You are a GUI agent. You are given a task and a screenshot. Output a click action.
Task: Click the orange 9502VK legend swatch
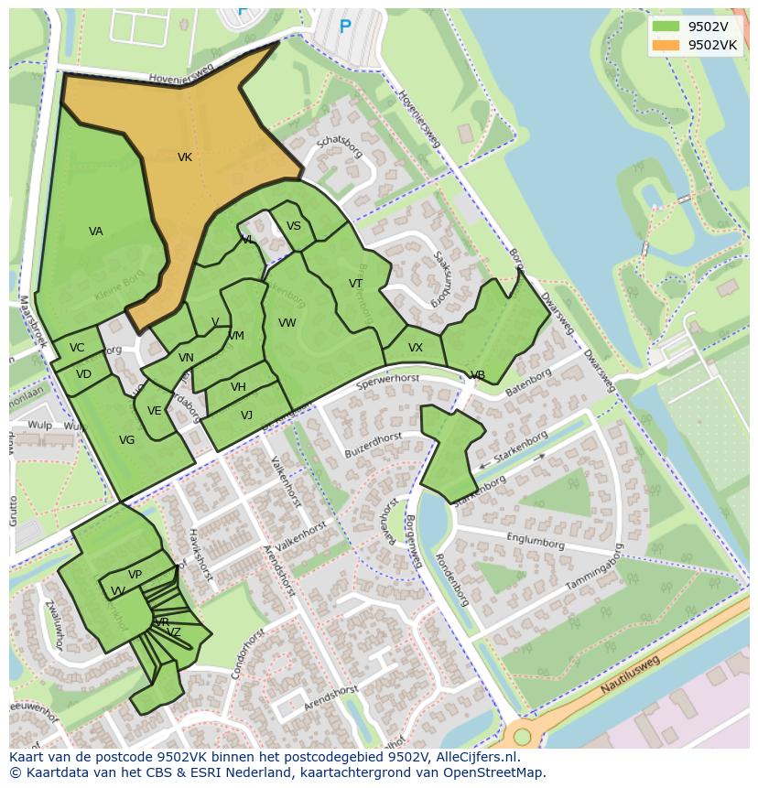tap(666, 45)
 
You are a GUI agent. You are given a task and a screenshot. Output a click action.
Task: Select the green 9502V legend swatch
tap(666, 27)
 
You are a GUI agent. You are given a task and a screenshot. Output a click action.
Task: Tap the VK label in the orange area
tap(185, 157)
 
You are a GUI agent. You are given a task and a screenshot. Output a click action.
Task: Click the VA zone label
tap(96, 232)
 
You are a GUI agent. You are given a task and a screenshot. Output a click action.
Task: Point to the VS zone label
tap(294, 226)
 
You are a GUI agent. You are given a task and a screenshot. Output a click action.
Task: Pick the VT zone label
tap(355, 284)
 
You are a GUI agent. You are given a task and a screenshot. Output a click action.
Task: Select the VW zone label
tap(287, 323)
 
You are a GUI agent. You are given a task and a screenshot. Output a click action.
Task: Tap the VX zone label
tap(416, 348)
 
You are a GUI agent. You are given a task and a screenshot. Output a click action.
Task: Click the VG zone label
tap(127, 440)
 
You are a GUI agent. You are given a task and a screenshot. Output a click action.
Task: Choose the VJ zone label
tap(246, 416)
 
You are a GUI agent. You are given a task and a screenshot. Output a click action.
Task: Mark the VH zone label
tap(238, 387)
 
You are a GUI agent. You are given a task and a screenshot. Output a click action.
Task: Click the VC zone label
tap(77, 348)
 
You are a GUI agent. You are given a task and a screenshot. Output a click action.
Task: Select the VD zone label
tap(83, 374)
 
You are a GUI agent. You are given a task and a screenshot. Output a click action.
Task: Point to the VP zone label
tap(135, 575)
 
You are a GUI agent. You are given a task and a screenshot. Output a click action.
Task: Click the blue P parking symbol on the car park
tap(345, 27)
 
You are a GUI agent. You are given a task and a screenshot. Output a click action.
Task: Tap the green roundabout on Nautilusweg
tap(522, 736)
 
